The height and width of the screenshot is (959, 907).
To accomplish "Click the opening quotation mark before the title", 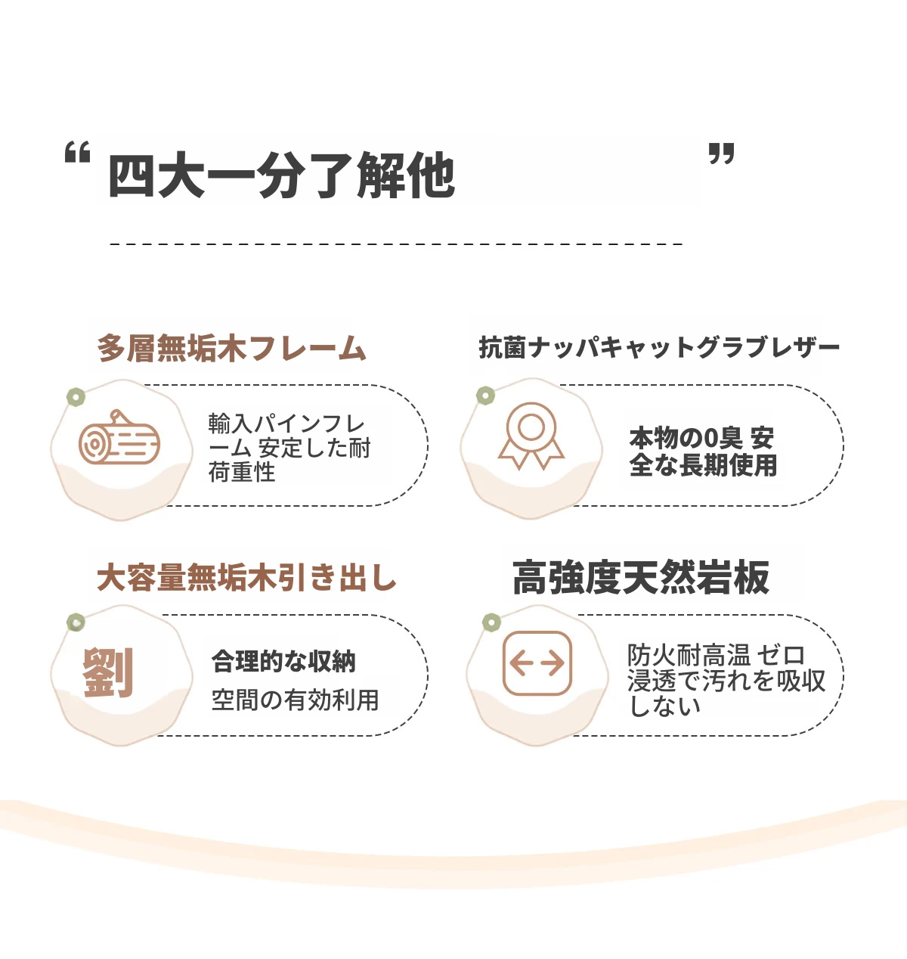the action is pos(78,152).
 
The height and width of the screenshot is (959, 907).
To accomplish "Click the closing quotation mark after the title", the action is pos(721,154).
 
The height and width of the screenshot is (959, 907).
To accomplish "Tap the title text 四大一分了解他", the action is pos(281,175).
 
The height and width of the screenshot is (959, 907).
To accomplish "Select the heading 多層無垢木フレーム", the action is pos(231,348).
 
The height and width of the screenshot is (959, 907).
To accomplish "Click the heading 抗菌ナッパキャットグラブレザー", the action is pos(659,347).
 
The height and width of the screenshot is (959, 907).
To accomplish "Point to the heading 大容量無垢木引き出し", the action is pos(246,577).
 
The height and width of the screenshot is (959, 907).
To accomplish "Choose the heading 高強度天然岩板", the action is pos(641,578).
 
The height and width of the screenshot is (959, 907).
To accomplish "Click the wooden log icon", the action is pos(119,436).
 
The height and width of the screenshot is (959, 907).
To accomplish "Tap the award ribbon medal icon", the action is pos(531,436).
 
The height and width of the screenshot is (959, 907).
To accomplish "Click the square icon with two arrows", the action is pos(537,663).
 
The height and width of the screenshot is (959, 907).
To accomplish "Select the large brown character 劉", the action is pos(108,672).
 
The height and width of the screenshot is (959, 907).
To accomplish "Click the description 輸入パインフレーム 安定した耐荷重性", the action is pos(289,448).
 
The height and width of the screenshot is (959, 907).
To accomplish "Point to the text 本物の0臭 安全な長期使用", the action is pos(703,452).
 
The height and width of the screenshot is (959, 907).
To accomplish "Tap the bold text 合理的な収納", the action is pos(283,662).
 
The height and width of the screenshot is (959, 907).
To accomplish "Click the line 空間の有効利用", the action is pos(295,700).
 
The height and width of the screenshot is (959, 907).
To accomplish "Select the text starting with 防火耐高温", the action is pos(726,681).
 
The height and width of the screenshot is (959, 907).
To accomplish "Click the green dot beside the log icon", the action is pos(76,397).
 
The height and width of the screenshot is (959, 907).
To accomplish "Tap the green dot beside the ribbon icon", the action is pos(485,396).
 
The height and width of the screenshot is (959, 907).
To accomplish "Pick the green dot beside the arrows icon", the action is pos(491,622).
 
